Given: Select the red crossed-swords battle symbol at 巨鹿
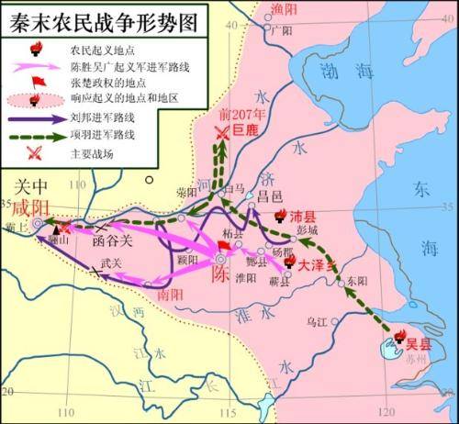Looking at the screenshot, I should tap(221, 134).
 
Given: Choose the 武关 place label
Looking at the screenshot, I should tap(111, 263).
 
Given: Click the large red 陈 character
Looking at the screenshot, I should tap(220, 273).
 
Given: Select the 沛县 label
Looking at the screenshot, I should tap(302, 218).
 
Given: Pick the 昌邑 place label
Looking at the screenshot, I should tap(273, 198).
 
